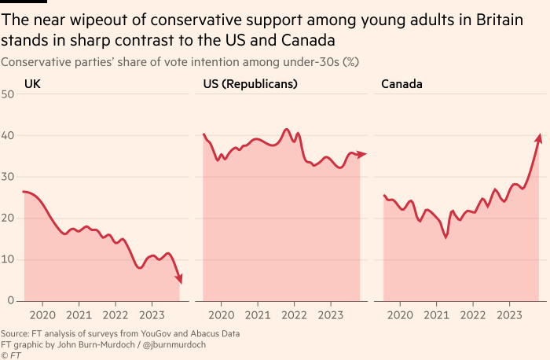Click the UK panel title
pos(32,83)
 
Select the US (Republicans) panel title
pos(250,83)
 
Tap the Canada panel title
pos(402,83)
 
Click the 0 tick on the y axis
pos(11,300)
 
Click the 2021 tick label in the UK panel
pos(79,315)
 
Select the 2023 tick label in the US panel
pos(330,315)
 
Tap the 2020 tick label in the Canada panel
pos(400,315)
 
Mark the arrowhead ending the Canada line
pos(539,138)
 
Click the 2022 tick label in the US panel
pos(293,315)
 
